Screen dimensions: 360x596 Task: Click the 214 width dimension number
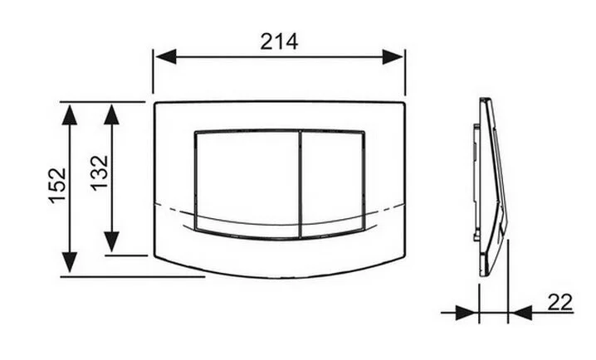279,41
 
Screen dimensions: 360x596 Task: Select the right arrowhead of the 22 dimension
520,313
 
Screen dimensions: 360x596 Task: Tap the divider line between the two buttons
297,183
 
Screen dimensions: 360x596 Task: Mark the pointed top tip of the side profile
482,100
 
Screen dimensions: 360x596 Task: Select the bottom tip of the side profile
484,274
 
